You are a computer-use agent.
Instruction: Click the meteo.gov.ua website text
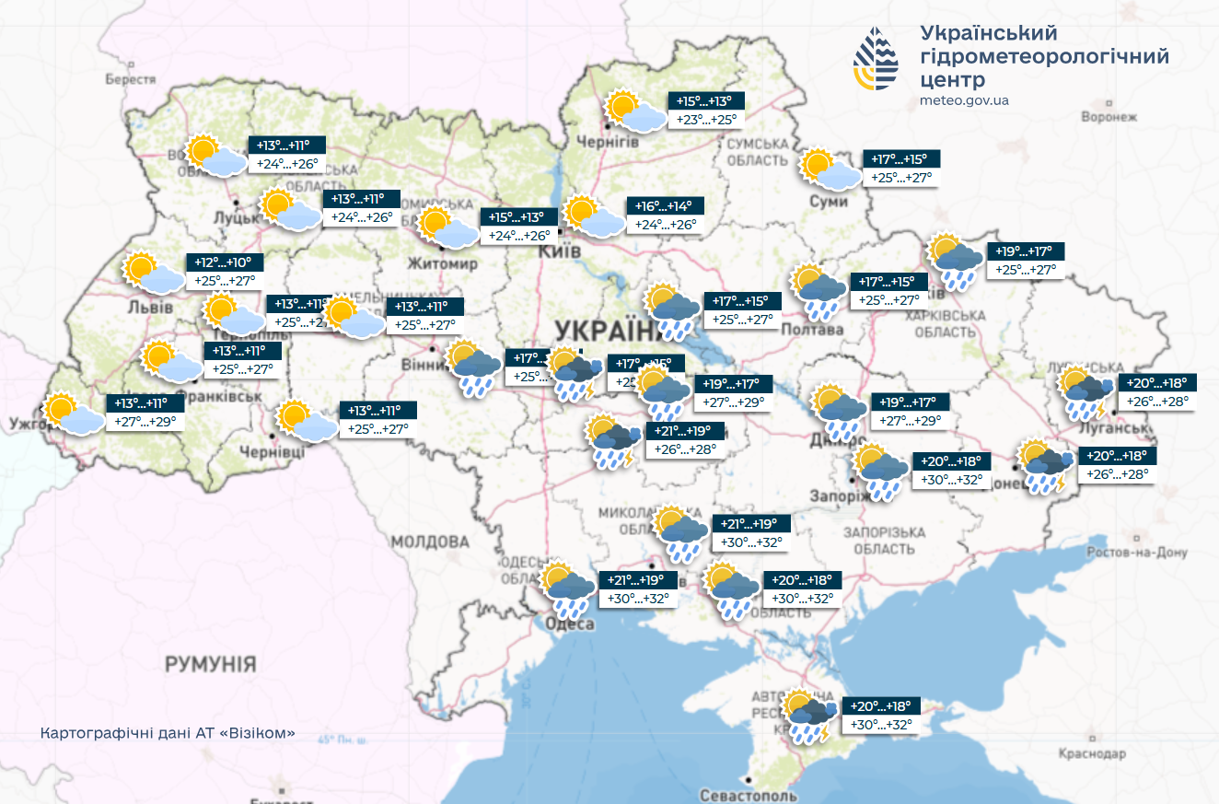pos(964,100)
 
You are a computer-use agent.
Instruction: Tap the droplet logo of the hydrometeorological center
pos(875,59)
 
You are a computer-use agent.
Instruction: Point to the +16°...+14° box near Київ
pos(665,206)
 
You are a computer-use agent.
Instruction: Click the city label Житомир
pos(450,264)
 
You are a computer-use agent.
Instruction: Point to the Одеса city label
pos(569,624)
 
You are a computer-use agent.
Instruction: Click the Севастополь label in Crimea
pos(748,794)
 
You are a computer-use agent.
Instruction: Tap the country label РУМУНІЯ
pos(210,663)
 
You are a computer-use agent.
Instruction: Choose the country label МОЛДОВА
pos(430,541)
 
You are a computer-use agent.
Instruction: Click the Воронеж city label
pos(1109,117)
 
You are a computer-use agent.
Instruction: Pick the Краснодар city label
pos(1092,753)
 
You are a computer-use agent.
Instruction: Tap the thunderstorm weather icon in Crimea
pos(808,717)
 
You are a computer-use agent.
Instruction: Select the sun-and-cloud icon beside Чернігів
pos(635,113)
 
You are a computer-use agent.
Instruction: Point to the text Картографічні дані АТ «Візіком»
pos(168,733)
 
